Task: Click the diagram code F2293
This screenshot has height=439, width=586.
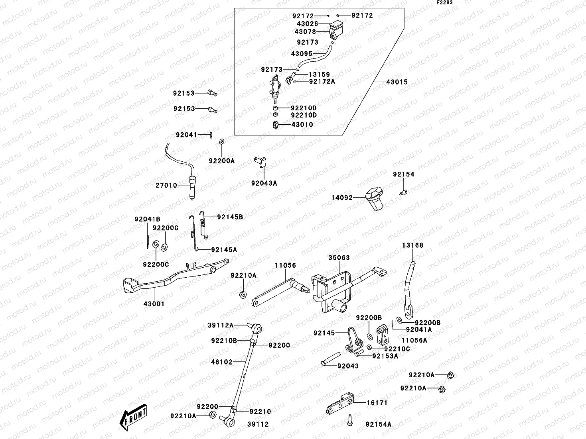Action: [444, 2]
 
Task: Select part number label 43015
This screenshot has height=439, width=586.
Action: [397, 82]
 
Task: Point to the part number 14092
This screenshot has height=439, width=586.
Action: [342, 198]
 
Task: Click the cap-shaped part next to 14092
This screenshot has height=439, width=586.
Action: [374, 198]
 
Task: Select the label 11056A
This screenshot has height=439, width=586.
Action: [414, 340]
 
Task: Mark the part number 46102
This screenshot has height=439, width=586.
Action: [221, 362]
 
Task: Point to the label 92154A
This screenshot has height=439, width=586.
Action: [378, 425]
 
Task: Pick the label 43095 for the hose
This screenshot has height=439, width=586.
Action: [302, 53]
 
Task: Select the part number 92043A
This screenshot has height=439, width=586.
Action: [264, 183]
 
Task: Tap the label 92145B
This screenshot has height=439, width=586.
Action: [230, 217]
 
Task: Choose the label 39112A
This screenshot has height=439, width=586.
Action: [220, 325]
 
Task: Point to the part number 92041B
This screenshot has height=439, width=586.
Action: [147, 219]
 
